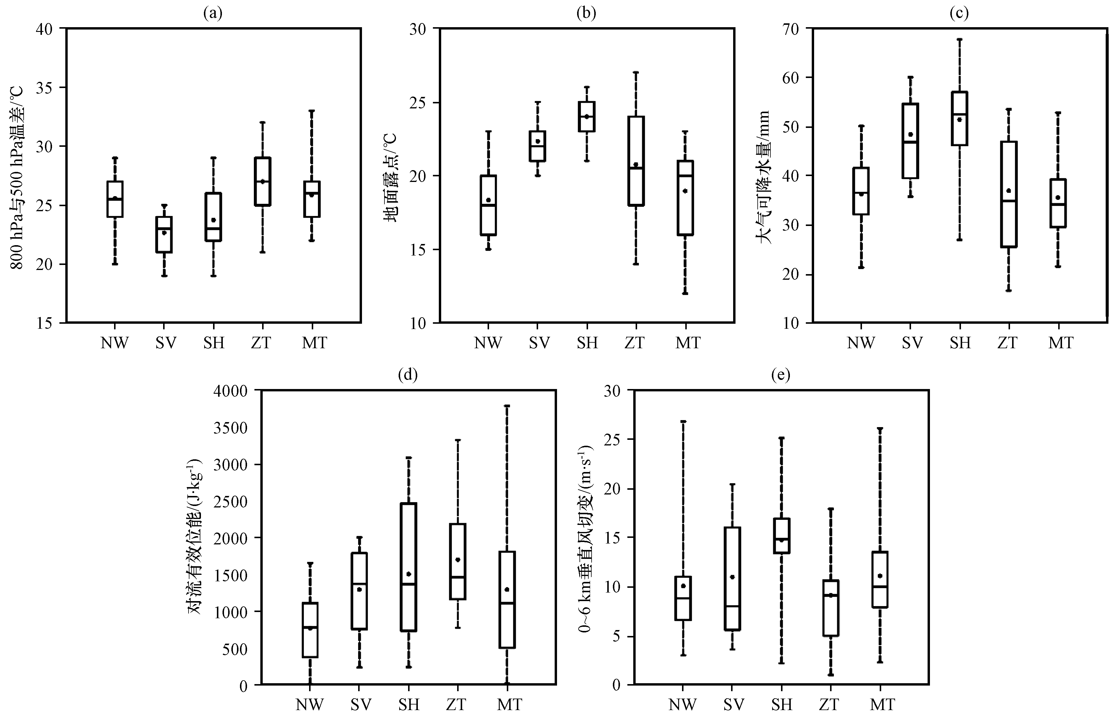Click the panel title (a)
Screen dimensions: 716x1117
213,13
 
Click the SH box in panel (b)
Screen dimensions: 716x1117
586,116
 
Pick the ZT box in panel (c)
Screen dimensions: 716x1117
1009,194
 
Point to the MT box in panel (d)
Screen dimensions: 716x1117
507,599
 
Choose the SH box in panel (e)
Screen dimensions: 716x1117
782,536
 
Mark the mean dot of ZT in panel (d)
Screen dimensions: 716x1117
458,560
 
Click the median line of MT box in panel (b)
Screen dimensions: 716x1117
685,176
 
